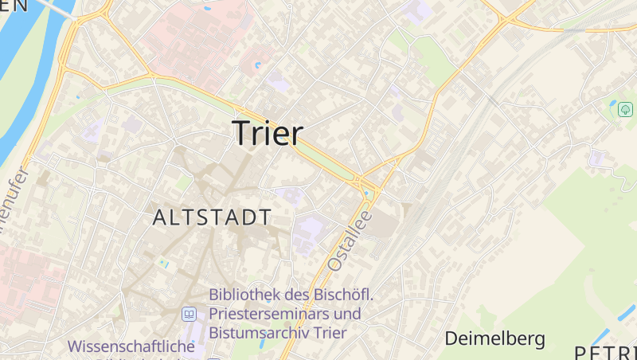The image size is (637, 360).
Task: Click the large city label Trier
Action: [x=268, y=133]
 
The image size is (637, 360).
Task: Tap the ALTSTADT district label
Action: [x=212, y=217]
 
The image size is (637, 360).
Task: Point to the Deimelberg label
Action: [x=494, y=338]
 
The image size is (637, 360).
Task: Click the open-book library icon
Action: [x=189, y=315]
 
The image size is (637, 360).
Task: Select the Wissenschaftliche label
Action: [x=131, y=347]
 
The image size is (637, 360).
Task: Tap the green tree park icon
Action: [x=625, y=109]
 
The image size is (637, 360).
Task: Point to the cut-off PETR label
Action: [x=605, y=352]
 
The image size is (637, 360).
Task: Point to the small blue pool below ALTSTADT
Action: [x=163, y=262]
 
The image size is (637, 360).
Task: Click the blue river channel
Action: [x=24, y=88]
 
